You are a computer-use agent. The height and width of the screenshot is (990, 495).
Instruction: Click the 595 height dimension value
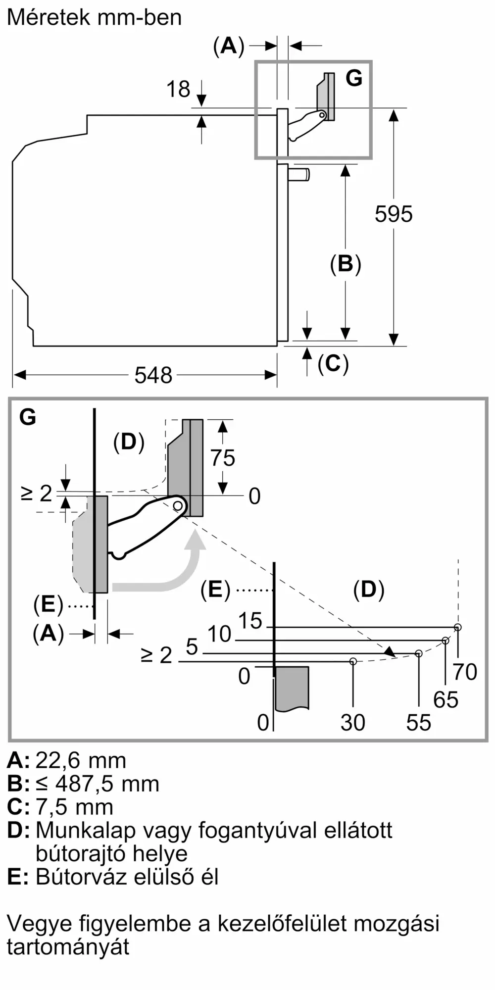394,214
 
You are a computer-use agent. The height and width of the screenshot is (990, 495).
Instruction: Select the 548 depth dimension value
153,375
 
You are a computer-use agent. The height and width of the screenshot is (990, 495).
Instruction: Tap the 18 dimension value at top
178,90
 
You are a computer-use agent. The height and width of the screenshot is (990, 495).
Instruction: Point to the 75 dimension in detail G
223,458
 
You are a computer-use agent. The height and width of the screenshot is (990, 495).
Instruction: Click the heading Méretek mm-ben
95,18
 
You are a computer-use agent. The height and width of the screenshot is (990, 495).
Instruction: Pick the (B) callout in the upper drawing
346,264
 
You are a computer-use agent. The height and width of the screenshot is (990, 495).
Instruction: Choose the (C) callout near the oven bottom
333,364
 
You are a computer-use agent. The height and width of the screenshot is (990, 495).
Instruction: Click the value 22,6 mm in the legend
81,760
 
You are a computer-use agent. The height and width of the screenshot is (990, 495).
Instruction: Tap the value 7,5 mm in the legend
74,807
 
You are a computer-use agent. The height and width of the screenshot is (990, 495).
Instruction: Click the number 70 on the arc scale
465,672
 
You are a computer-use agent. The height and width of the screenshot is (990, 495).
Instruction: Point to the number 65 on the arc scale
445,699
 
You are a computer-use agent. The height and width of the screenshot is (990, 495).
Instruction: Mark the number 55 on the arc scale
419,723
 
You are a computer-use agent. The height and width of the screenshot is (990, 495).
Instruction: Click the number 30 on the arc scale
353,723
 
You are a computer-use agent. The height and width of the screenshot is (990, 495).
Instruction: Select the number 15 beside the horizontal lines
250,621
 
